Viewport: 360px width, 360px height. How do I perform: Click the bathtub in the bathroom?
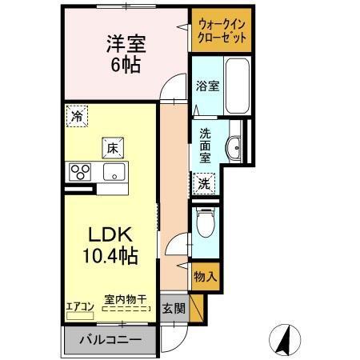coord(236,86)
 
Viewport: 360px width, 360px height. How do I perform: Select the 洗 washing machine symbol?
coord(204,183)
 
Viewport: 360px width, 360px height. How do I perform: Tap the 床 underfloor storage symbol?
coord(111,147)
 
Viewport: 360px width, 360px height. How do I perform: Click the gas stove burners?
coord(79,170)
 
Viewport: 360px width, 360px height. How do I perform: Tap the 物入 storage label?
coord(205,276)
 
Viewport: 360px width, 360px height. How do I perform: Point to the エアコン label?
coord(80,304)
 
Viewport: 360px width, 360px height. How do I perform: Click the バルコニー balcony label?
coord(110,340)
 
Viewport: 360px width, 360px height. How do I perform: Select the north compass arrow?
coord(282,339)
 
